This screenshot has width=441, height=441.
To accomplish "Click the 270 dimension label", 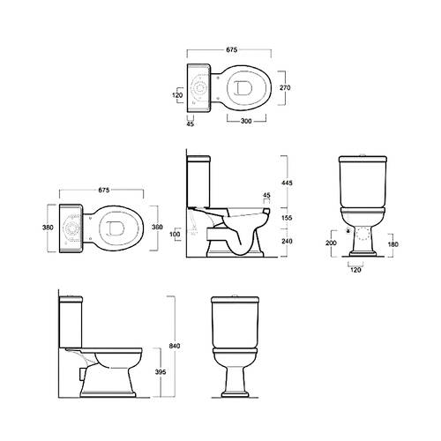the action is pos(285,87).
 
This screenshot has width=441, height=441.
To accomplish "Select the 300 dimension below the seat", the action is pos(246,121).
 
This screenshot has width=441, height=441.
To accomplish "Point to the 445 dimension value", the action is pos(287,183).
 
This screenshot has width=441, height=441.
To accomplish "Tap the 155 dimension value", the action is pos(287,218).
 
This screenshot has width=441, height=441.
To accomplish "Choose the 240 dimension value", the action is pos(287,241).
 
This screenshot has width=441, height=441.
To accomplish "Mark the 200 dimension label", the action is pos(331,243).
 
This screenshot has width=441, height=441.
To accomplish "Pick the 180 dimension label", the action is pos(392,244).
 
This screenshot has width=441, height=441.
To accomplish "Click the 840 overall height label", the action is pos(175,346).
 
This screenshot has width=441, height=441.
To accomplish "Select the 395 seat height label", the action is pos(161,372).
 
